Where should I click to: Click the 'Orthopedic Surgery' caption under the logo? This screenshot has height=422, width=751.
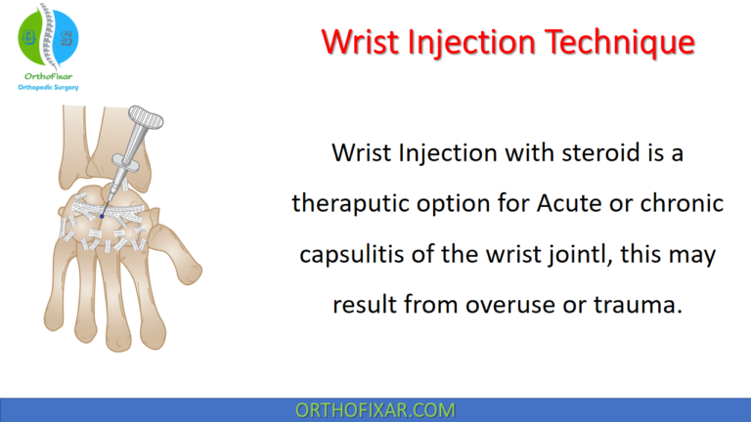point(49,87)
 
